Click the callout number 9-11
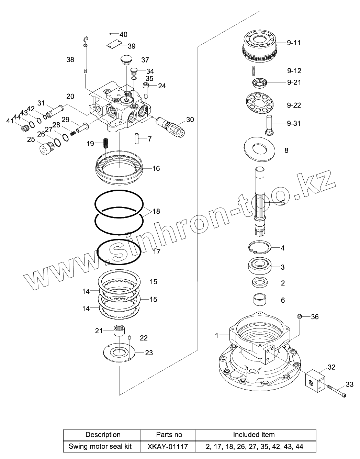(x=294, y=43)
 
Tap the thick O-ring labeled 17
(x=100, y=253)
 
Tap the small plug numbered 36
(x=300, y=316)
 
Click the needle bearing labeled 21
(x=119, y=331)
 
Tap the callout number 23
(x=149, y=353)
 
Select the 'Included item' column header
(x=254, y=435)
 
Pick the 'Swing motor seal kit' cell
(x=103, y=446)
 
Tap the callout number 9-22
(x=294, y=105)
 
